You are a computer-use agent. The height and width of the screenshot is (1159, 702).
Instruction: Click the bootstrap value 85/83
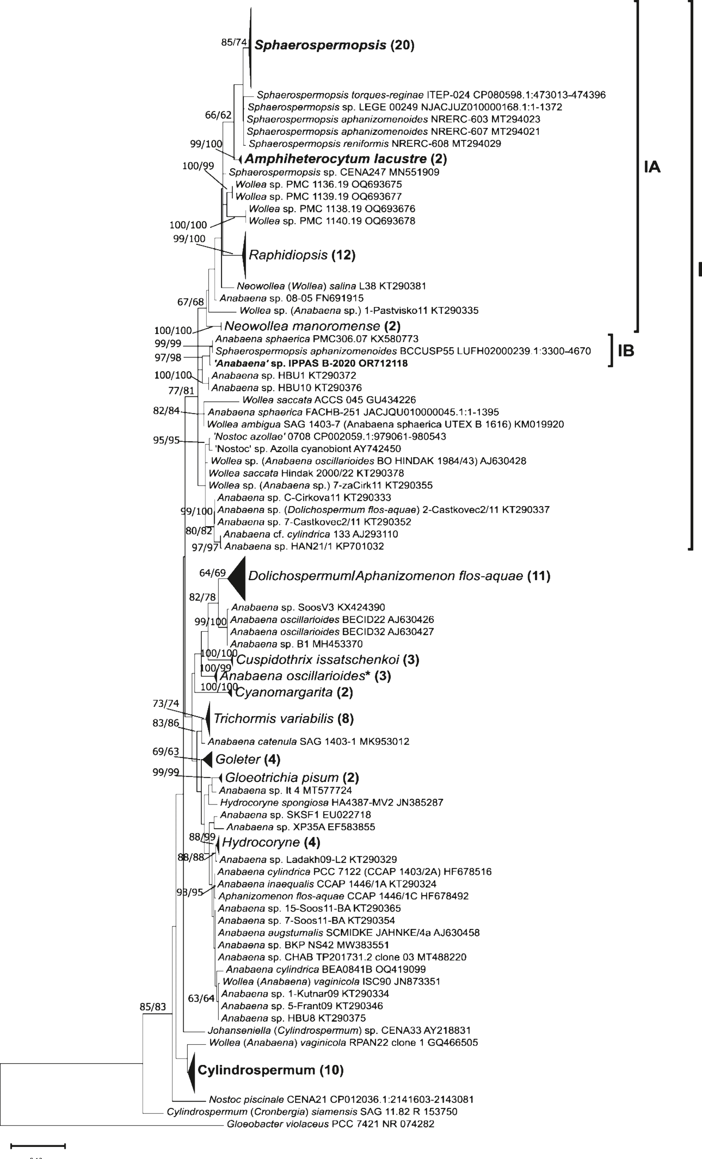pos(153,1007)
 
